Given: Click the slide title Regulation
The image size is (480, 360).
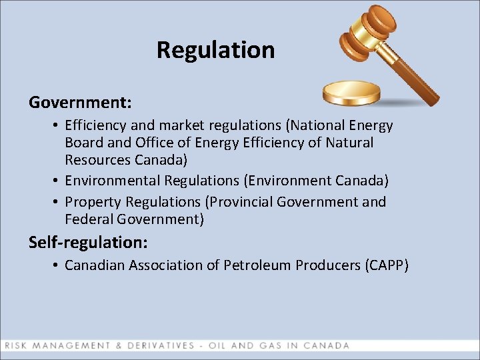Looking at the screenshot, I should (215, 50).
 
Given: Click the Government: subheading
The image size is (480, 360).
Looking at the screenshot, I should (80, 103).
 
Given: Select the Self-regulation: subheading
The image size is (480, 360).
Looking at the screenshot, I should (88, 241).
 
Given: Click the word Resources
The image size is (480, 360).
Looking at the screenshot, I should (96, 160).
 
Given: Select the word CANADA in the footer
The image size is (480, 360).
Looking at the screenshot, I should (326, 345).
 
